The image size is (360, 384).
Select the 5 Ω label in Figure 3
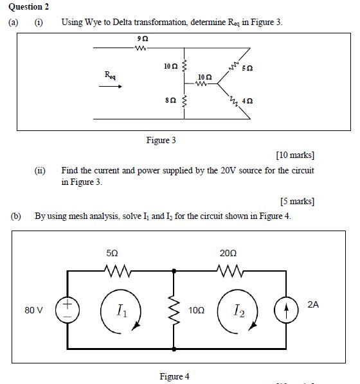[247, 69]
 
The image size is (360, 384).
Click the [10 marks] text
[294, 155]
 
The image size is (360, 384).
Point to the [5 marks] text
[297, 201]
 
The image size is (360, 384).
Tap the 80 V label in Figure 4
[34, 310]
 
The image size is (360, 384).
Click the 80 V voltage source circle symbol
[67, 310]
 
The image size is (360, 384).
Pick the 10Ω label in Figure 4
[197, 310]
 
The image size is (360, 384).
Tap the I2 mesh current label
[239, 311]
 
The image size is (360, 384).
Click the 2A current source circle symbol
[284, 310]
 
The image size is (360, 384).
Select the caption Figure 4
[174, 376]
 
